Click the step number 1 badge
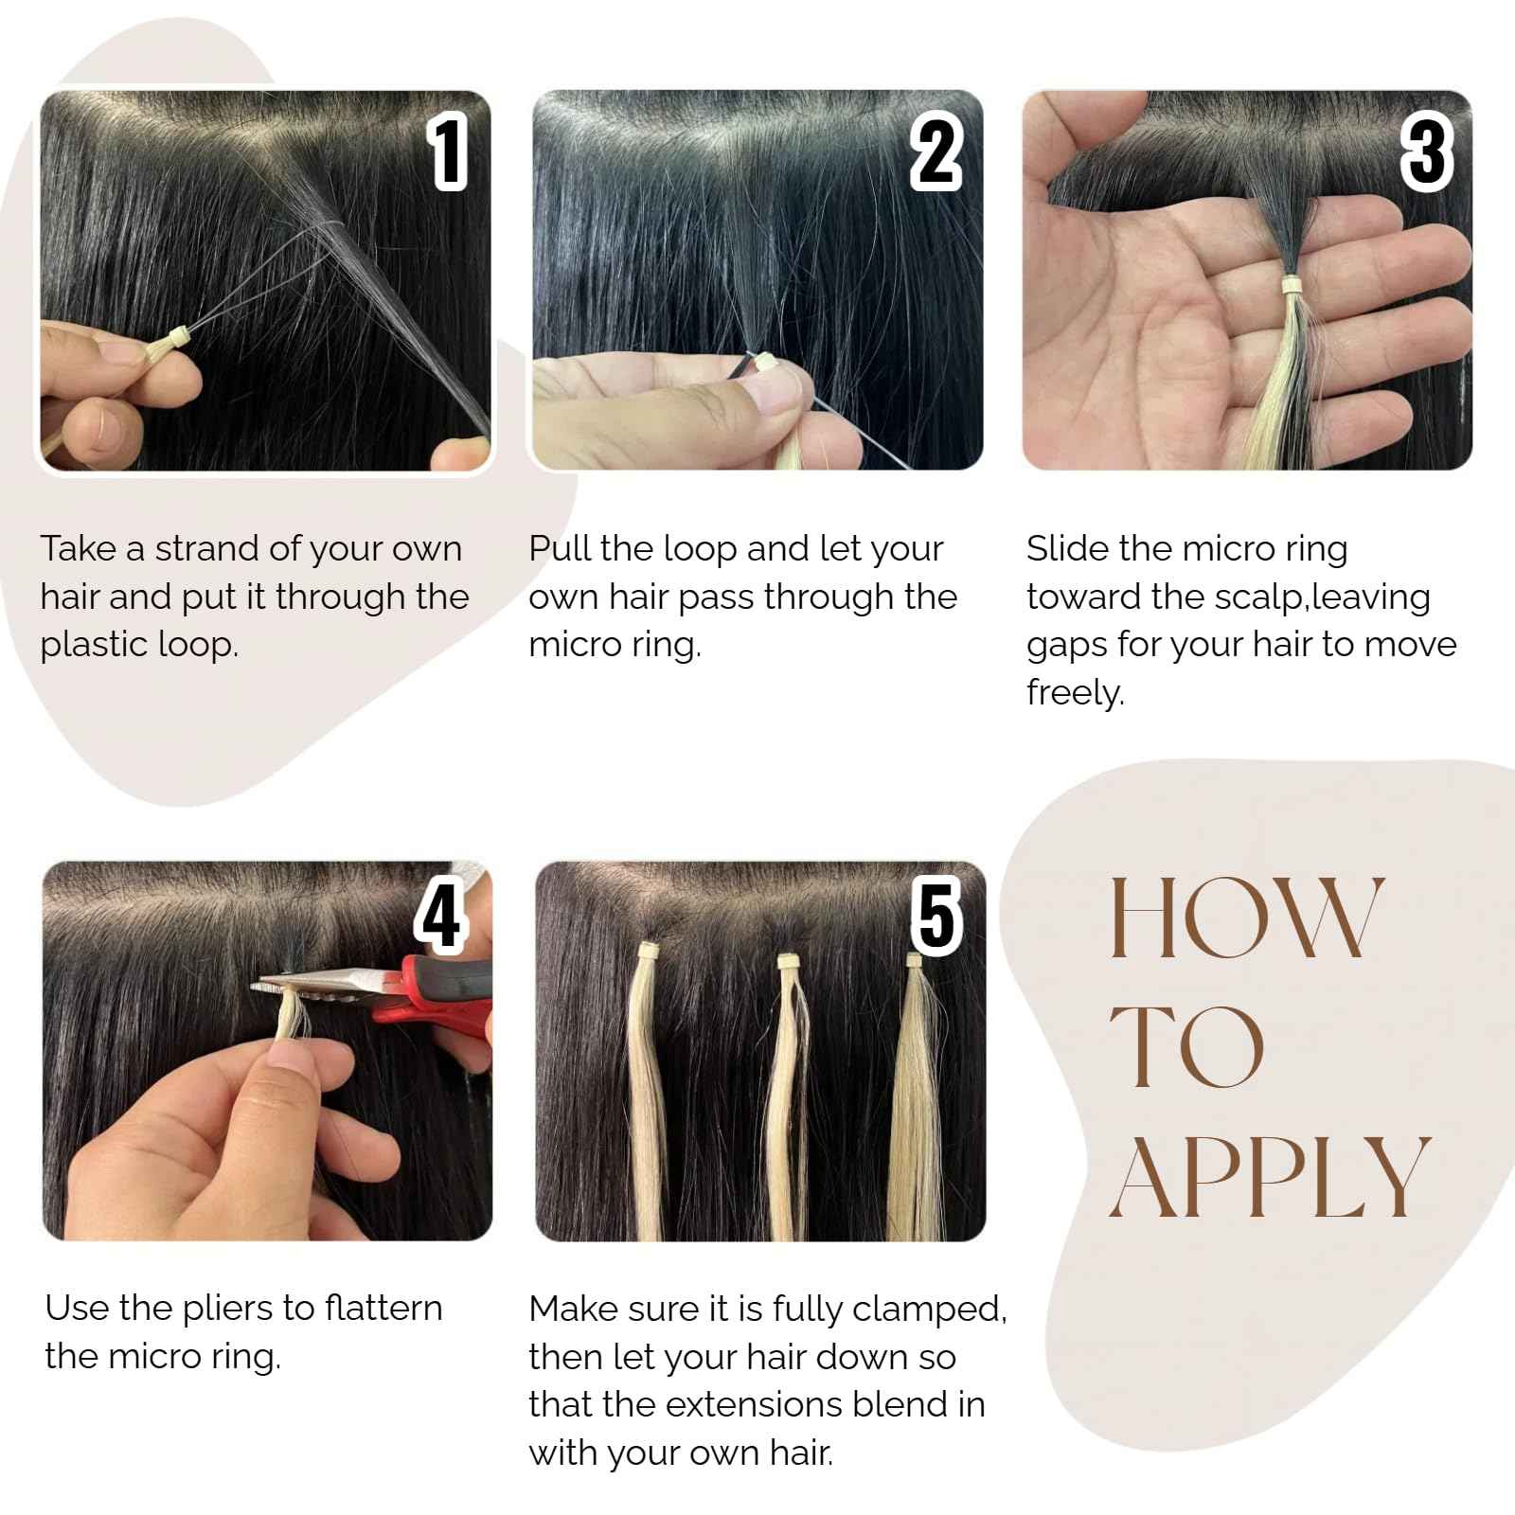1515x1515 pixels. [449, 151]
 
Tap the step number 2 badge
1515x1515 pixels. [936, 151]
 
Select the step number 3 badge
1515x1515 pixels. [1426, 151]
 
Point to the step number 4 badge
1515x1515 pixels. [441, 915]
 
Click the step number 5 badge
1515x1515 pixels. [936, 915]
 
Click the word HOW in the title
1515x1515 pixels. [1245, 918]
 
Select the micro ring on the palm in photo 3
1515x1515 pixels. [1289, 284]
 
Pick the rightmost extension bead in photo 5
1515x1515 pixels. [914, 961]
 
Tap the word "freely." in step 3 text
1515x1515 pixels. [1076, 693]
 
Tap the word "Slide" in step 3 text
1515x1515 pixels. [1067, 548]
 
